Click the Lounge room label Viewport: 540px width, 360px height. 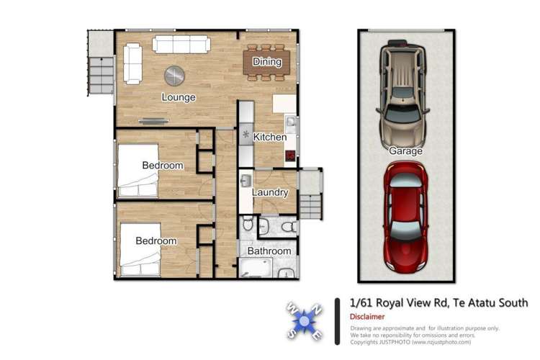179,97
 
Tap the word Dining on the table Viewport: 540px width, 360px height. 267,62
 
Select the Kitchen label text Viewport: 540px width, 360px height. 270,137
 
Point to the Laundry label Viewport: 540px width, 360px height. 270,192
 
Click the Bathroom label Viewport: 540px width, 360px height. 269,251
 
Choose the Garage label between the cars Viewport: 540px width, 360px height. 405,151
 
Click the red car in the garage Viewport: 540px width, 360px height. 405,217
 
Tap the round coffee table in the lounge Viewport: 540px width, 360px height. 174,75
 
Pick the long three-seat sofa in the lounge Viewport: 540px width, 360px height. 181,45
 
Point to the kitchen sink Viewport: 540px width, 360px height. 290,122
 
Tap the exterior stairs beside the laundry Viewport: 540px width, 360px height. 310,194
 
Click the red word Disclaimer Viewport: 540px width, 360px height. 367,317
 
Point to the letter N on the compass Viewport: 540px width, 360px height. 318,308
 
